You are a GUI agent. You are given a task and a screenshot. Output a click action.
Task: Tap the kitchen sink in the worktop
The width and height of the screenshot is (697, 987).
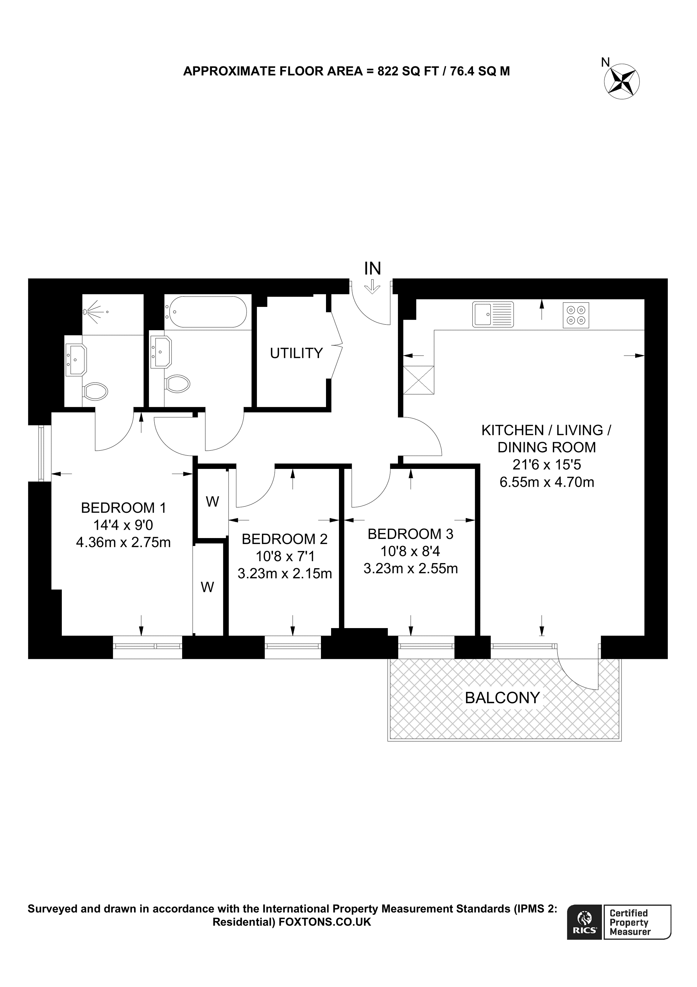(x=493, y=314)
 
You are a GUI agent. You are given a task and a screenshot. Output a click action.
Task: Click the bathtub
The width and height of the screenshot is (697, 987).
(x=208, y=312)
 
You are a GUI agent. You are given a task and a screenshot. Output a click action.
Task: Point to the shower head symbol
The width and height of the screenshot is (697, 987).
(x=88, y=312)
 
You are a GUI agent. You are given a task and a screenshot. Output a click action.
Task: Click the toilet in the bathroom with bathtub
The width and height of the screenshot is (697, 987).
(x=177, y=383)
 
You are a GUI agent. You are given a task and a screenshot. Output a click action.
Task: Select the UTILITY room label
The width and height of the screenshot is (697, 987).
(x=296, y=353)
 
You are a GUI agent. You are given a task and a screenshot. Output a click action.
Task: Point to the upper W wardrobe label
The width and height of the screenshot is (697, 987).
(x=213, y=501)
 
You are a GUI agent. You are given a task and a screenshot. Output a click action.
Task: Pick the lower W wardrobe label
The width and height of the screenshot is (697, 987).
(x=208, y=587)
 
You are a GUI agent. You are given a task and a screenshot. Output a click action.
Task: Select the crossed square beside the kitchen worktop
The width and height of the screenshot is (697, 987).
(x=419, y=380)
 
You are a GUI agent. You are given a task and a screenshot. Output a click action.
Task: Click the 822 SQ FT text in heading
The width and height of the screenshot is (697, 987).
(x=407, y=71)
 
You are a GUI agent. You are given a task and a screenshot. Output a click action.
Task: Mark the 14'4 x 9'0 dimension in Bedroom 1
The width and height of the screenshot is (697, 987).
(x=123, y=525)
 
